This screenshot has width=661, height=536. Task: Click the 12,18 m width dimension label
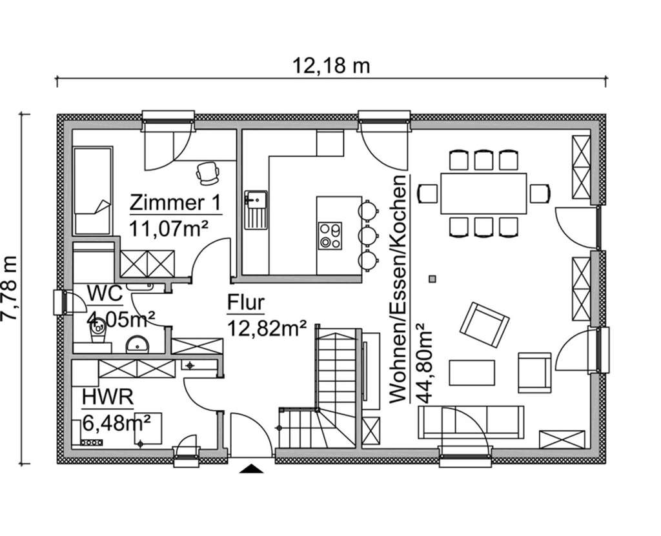pos(331,65)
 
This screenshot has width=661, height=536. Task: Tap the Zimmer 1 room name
pos(175,203)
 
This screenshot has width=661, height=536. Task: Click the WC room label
pos(105,293)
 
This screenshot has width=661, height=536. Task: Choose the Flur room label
pos(245,303)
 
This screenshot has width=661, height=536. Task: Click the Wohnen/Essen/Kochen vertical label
pos(399,289)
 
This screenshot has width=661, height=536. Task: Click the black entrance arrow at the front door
pos(252,469)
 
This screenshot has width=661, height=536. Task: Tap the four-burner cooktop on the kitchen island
pos(330,235)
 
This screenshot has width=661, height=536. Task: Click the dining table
pos(483,194)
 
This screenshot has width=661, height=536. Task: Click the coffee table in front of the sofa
pos(471,373)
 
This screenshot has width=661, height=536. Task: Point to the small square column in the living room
pos(432,279)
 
